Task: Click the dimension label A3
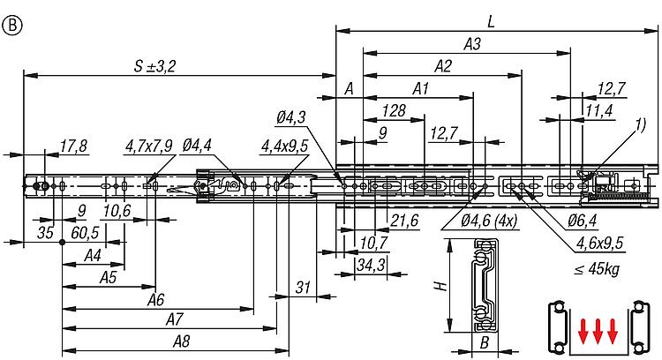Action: click(472, 42)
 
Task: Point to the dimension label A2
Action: click(443, 66)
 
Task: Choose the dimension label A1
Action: click(419, 88)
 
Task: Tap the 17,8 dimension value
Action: click(74, 146)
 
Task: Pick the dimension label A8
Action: click(183, 340)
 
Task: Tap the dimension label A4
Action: click(91, 255)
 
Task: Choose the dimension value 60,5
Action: click(85, 232)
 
